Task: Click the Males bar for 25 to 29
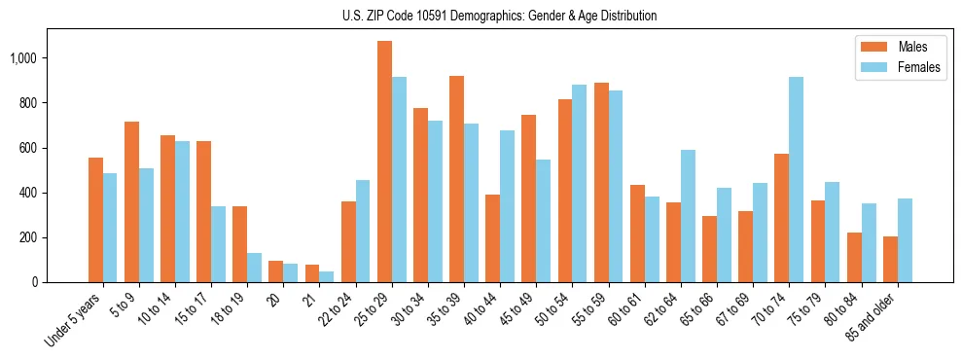[384, 162]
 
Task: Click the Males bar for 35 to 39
[456, 179]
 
